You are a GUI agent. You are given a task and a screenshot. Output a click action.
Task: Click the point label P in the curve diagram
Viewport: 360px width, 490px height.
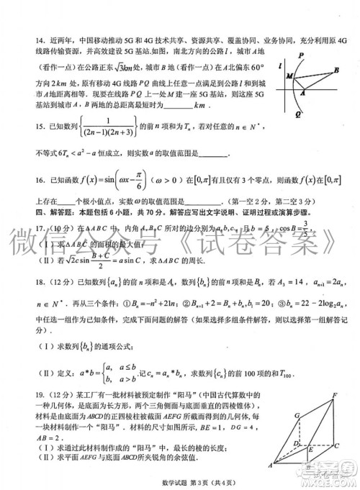click(x=301, y=55)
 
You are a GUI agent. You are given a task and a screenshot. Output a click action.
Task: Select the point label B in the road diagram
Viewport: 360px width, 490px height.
click(x=336, y=70)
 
